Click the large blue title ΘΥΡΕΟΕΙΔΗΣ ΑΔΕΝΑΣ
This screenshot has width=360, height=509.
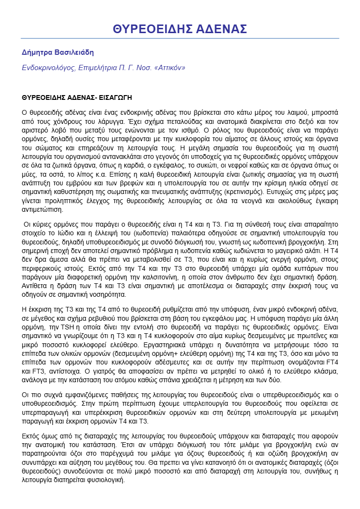pyautogui.click(x=180, y=29)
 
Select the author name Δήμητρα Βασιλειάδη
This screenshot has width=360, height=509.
pyautogui.click(x=58, y=52)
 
